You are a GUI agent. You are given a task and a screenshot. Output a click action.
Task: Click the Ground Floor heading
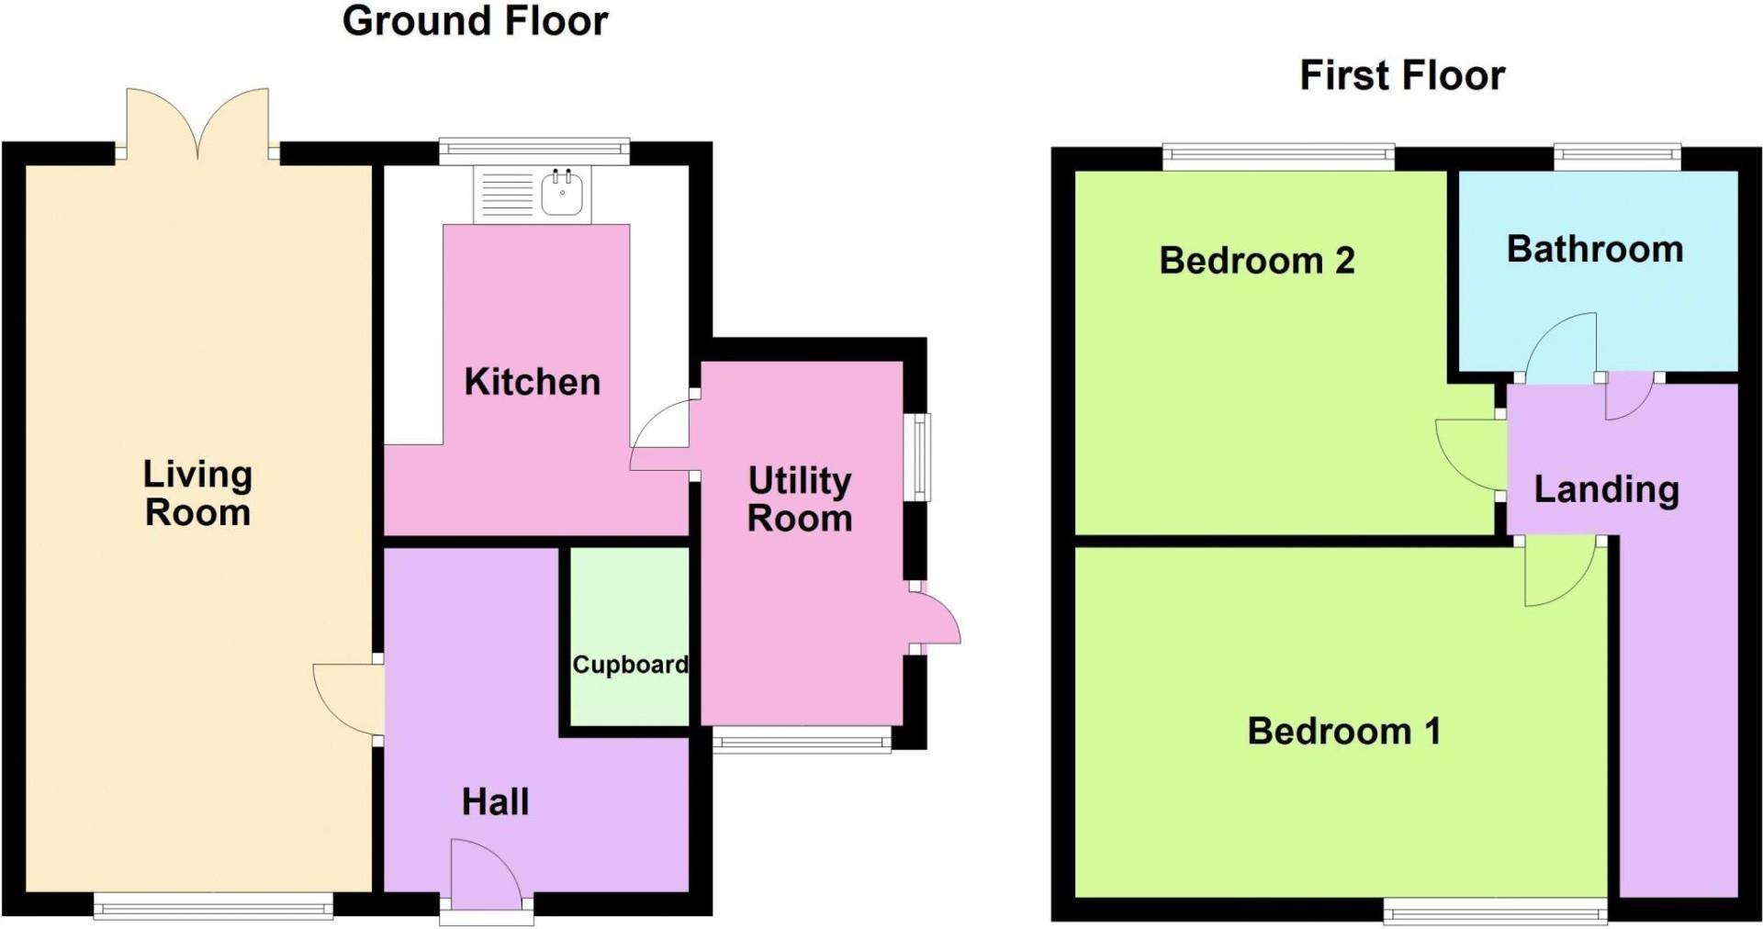coord(475,21)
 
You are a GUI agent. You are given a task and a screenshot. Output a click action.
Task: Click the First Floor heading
coord(1402,75)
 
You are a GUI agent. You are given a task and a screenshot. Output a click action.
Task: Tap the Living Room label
coord(197,493)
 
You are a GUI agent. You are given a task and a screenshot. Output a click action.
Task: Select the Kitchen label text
coord(532,382)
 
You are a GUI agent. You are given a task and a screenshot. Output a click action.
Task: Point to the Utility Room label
coord(800,499)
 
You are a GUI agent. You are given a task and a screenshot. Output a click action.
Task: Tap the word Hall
coord(495,801)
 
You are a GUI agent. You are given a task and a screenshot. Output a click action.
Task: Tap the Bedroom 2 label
coord(1256,261)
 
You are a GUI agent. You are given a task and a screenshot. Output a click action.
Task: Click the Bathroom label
coord(1595,250)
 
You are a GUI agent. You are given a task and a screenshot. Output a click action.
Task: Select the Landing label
coord(1606,489)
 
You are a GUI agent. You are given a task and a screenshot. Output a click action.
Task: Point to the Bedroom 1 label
coord(1343,732)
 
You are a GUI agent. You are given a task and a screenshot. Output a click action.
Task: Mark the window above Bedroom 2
coord(1278,156)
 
